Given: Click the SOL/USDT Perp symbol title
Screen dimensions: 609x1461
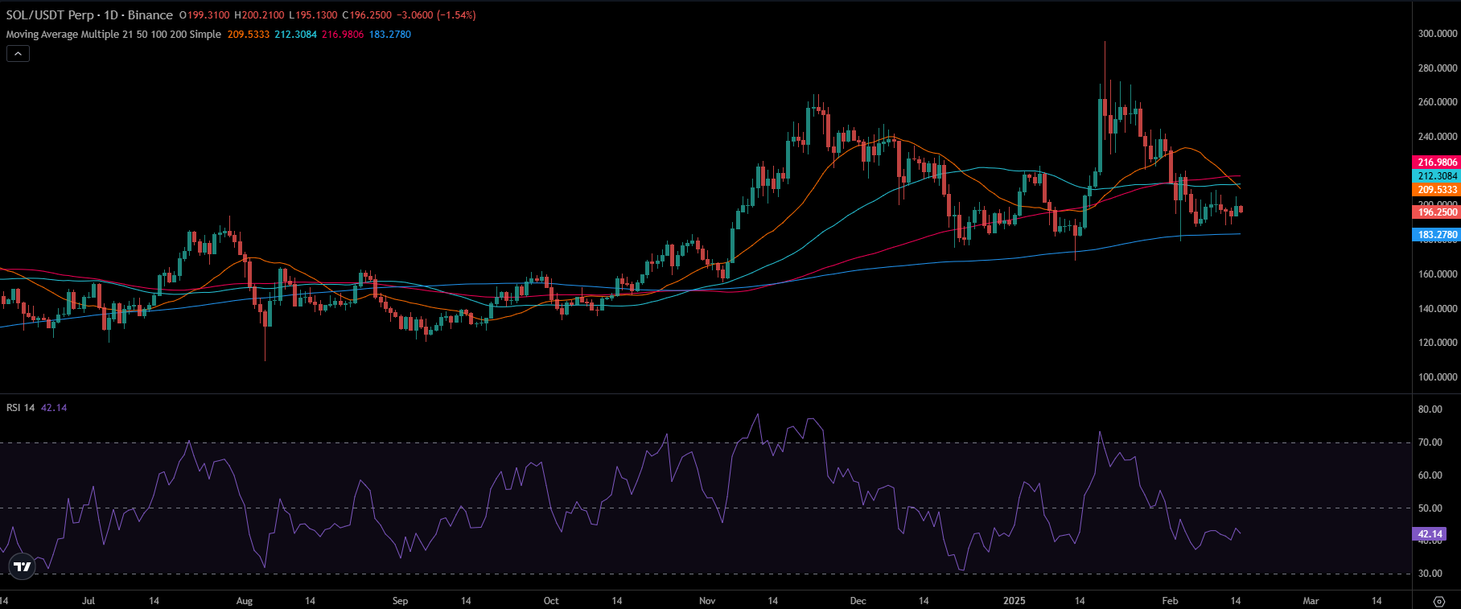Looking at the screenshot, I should [50, 15].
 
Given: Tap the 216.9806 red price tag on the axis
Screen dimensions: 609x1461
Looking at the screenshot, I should [1437, 163].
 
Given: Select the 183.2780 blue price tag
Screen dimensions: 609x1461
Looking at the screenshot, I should [1437, 235].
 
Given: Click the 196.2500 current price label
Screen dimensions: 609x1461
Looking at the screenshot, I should [1437, 212].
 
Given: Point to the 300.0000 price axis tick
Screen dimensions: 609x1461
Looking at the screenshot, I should [1437, 34].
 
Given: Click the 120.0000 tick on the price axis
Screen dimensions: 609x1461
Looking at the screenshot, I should [1437, 343].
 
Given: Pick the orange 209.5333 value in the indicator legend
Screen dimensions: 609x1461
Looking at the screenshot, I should [248, 35].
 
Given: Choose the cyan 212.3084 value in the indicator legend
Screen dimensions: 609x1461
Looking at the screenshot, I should [295, 35].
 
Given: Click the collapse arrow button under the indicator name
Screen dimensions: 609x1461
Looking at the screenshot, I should [18, 54].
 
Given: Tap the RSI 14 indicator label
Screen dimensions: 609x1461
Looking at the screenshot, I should [21, 408].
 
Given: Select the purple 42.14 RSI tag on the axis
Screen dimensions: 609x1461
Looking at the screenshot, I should [1429, 534].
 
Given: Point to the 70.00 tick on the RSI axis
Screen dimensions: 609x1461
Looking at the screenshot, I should [1430, 442].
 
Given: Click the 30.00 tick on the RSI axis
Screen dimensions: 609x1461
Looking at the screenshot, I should [1430, 574].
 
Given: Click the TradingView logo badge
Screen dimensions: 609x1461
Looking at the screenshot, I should [23, 566].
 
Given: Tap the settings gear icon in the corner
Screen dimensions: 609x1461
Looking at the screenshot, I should [1439, 601].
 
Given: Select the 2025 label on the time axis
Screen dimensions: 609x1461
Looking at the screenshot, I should [1014, 601].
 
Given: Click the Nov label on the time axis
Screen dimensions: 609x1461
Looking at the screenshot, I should [707, 601].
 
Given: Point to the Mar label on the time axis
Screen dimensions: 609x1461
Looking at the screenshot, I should [1311, 601].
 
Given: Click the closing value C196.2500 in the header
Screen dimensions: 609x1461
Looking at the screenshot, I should [368, 15].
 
